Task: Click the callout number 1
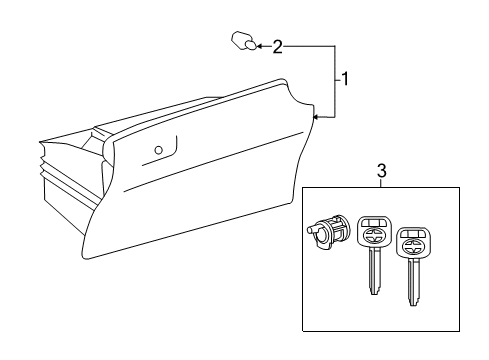tap(345, 79)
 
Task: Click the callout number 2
tap(277, 47)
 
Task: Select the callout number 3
tap(382, 170)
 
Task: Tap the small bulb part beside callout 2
tap(244, 41)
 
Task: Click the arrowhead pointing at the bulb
tap(260, 46)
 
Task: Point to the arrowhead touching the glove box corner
tap(317, 117)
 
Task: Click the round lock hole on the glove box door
tap(159, 150)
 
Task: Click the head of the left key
tap(374, 233)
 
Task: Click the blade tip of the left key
tap(374, 292)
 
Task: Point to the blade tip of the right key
tap(413, 303)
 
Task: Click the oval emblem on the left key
tap(374, 235)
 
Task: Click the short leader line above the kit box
tap(382, 183)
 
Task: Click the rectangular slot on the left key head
tap(374, 223)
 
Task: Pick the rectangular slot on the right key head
tap(414, 234)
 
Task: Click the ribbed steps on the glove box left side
tap(43, 163)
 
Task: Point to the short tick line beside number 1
tap(339, 80)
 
